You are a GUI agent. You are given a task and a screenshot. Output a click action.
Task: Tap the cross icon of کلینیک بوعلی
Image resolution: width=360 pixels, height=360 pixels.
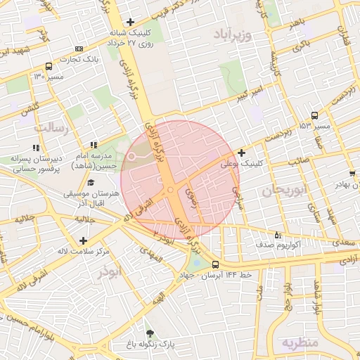(242, 153)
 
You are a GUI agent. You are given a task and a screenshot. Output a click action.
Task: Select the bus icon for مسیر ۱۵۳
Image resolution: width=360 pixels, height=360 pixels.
(314, 116)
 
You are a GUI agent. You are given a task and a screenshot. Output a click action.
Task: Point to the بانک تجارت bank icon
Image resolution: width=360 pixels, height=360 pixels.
(78, 49)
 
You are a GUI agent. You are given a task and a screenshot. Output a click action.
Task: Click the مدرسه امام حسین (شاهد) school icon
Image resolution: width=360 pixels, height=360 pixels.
(94, 145)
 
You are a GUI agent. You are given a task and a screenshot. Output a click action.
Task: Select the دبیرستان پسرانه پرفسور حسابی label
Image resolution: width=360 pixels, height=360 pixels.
(38, 164)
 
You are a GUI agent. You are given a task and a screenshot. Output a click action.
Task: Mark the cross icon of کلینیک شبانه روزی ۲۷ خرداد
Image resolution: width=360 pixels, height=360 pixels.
(130, 22)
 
